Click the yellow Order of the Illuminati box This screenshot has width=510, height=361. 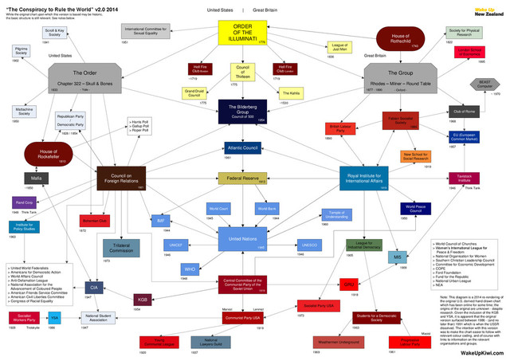click(x=253, y=37)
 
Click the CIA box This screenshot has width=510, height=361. click(x=93, y=287)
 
